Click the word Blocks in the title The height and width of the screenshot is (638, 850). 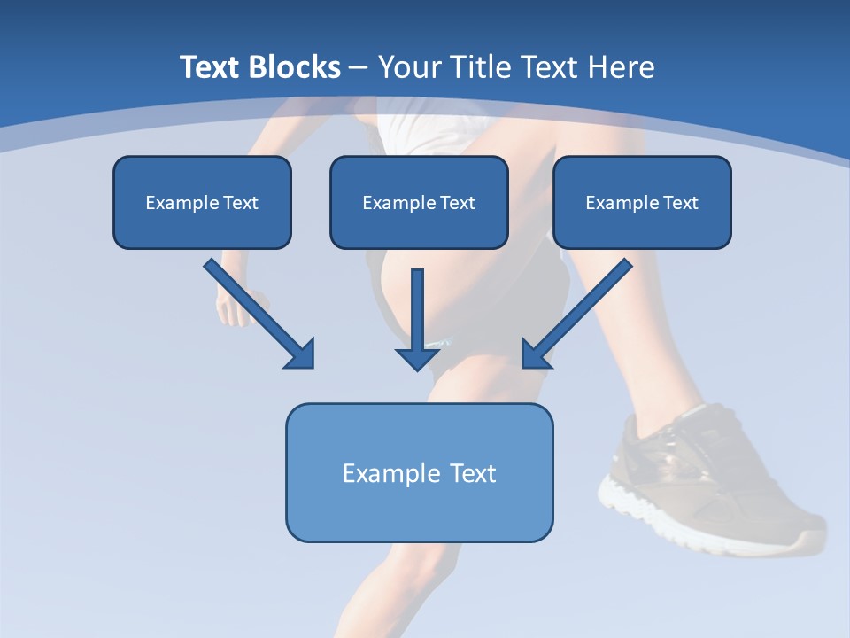tap(295, 67)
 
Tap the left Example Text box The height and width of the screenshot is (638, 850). tap(202, 202)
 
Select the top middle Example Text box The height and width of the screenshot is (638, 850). tap(419, 202)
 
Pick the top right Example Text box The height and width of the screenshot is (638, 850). tap(642, 202)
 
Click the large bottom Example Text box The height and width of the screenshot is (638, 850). tap(419, 472)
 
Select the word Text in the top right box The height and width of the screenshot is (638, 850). tap(680, 203)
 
